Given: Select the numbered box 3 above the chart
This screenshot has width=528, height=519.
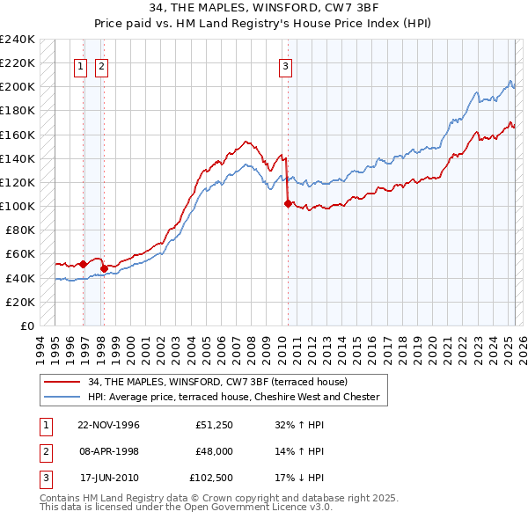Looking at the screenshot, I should coord(286,64).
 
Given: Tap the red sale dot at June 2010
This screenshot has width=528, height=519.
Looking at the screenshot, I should coord(288,203).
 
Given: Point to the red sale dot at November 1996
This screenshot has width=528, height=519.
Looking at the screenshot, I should coord(84,264).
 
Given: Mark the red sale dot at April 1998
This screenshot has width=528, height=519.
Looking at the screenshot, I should coord(104,268).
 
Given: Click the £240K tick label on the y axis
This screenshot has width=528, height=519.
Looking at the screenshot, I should coord(18,40).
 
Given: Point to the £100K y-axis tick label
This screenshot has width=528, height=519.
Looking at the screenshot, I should coord(18,207).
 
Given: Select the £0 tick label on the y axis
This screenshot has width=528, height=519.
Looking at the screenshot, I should coord(26,325).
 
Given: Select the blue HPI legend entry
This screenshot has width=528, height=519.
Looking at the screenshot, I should coord(233,398).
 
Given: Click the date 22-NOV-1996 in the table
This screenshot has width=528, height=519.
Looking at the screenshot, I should coord(109,424).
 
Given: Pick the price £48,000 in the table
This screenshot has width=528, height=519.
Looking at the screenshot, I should coord(214,451).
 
